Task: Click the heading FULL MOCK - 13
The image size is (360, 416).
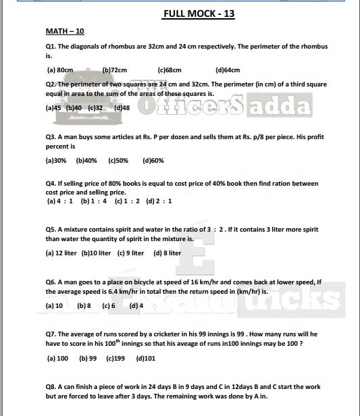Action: tap(199, 14)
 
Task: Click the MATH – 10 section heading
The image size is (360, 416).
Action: tap(65, 31)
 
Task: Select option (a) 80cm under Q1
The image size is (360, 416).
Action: tap(60, 70)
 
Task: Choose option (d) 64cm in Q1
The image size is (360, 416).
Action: tap(228, 70)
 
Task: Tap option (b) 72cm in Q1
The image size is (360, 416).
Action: tap(115, 70)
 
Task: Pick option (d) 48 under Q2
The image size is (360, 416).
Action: tap(122, 107)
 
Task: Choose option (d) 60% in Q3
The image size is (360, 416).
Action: tap(153, 161)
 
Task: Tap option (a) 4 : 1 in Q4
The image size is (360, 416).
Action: tap(60, 201)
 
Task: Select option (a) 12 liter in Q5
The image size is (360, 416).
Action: tap(61, 253)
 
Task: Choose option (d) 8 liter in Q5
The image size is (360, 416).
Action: tap(167, 253)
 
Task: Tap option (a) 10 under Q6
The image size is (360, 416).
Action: tap(54, 305)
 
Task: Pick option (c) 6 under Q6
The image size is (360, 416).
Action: tap(109, 305)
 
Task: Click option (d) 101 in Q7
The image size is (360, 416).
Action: tap(145, 359)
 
